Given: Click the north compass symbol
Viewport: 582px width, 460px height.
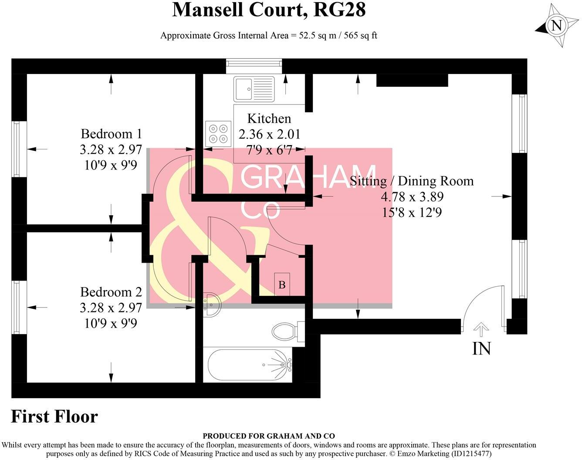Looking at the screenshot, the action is point(556,25).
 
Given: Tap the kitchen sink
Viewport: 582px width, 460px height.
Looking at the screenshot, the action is point(253,89).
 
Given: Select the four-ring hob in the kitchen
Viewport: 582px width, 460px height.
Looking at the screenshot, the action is point(218,134).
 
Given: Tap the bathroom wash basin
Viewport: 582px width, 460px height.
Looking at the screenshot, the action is point(212,303).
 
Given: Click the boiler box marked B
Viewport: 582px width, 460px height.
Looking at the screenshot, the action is point(282,284).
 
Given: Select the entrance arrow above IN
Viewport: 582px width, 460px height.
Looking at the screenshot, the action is point(480,329).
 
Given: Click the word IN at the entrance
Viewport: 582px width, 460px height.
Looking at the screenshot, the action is point(481,348).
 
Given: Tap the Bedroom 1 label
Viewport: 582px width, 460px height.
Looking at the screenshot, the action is point(111,133).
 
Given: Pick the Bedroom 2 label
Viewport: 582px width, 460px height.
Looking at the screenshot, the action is point(111,292).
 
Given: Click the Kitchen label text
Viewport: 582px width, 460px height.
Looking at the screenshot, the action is point(269,118).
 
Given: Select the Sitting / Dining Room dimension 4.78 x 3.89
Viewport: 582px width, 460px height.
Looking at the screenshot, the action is point(412,197).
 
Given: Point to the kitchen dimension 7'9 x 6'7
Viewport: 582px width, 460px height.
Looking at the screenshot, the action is point(269,150).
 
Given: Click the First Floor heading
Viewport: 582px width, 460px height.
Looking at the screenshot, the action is point(54,417).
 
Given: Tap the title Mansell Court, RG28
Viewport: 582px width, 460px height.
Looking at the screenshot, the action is point(268,10).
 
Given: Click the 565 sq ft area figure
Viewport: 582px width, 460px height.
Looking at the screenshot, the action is point(360,36).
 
